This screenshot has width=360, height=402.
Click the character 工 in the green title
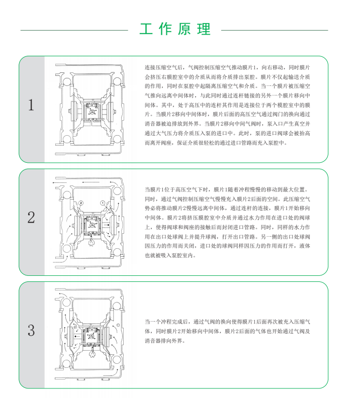click(146, 29)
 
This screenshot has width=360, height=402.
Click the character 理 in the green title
click(204, 29)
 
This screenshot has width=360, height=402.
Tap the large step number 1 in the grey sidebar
click(31, 105)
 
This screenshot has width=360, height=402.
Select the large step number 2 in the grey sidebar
click(31, 218)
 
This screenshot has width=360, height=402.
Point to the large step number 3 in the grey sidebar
click(31, 330)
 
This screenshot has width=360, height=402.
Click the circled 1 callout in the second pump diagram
click(103, 203)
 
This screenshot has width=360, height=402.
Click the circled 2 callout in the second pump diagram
click(81, 203)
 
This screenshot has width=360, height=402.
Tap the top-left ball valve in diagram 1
click(67, 82)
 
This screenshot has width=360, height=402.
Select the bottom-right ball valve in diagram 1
click(117, 139)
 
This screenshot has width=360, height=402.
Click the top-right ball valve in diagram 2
click(117, 191)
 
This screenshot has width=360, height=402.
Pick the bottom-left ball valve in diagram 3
click(66, 363)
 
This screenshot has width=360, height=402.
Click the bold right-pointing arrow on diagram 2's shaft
click(106, 225)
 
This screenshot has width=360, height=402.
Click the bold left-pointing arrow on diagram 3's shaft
click(77, 336)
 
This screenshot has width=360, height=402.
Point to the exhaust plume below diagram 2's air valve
click(92, 242)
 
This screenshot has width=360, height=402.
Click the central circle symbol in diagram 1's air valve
click(92, 112)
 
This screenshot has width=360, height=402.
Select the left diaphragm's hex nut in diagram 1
click(69, 111)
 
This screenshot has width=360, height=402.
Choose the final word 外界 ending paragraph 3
click(177, 341)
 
